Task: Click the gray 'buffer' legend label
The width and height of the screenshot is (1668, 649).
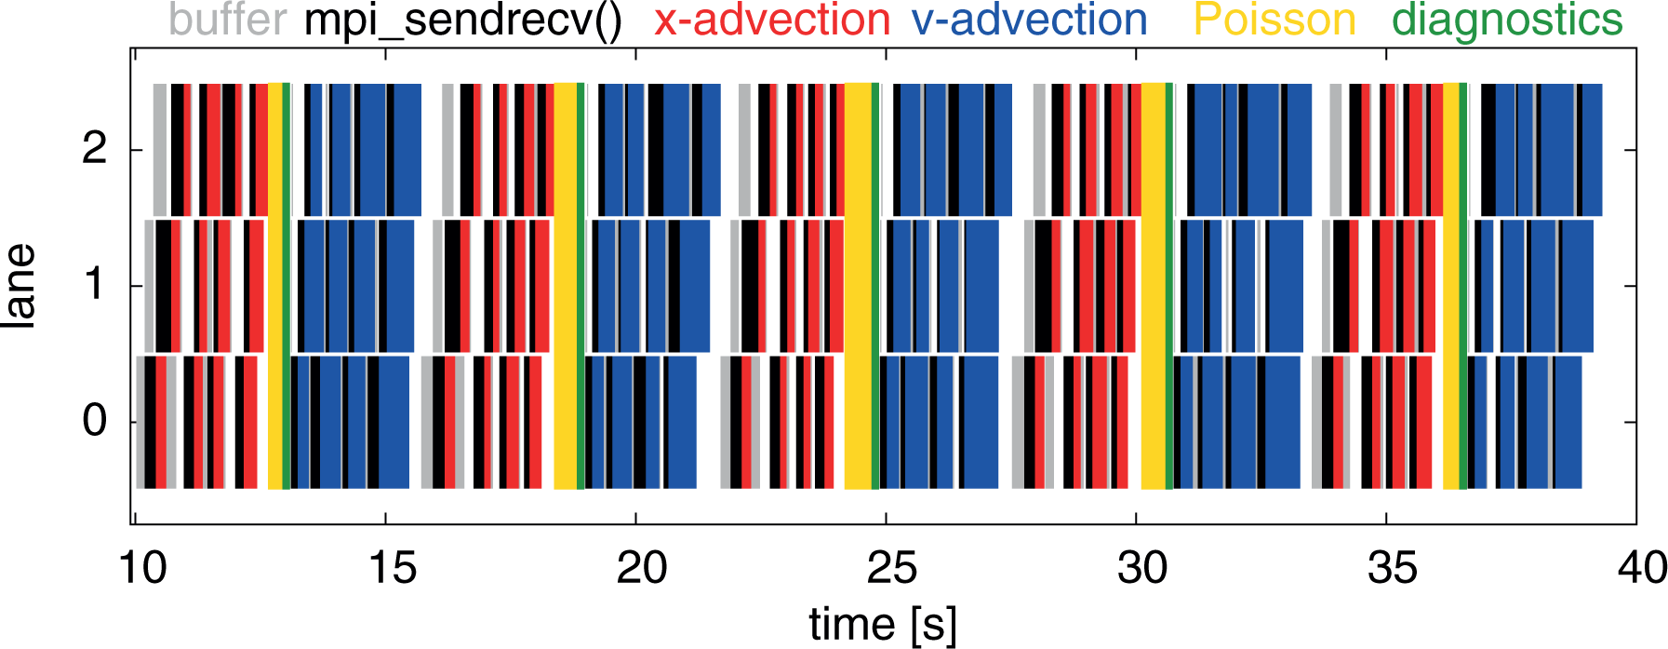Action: pos(228,20)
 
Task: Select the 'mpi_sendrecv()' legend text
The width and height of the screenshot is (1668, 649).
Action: pos(463,21)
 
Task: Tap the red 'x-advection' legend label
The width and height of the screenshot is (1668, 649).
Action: pos(772,20)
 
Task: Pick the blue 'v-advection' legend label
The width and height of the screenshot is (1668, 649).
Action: pos(1030,20)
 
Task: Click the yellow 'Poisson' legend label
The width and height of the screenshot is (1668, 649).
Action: pos(1274,20)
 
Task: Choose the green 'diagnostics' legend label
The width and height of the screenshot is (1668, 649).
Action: pos(1508,21)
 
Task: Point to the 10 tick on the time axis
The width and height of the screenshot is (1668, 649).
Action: pos(143,567)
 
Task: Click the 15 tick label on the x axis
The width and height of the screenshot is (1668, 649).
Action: pos(393,567)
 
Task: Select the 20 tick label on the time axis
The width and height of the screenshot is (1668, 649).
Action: pos(642,567)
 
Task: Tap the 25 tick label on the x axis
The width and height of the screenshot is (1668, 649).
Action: pos(892,567)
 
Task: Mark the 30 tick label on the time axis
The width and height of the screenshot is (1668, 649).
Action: pos(1142,567)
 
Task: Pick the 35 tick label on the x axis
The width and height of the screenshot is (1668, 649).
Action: pos(1393,567)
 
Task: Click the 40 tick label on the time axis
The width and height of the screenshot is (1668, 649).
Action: pos(1643,567)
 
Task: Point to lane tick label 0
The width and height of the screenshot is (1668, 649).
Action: pos(95,420)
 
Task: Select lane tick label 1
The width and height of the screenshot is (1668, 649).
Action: pos(95,284)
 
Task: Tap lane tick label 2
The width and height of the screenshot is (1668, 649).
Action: pos(95,148)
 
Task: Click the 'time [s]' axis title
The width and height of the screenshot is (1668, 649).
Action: pos(883,625)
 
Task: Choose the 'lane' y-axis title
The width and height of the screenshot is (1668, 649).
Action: pos(20,285)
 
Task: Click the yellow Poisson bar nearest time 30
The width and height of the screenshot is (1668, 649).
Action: pos(1154,286)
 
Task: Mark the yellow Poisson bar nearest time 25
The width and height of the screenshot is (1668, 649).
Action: pos(859,286)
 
